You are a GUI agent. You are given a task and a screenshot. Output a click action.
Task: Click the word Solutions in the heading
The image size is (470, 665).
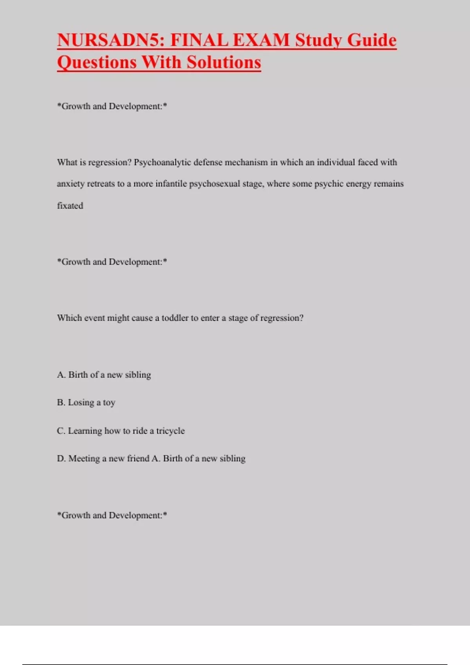224,63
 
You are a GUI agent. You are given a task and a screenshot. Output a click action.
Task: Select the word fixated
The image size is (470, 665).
70,206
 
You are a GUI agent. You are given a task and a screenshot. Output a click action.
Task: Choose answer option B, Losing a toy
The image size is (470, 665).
86,403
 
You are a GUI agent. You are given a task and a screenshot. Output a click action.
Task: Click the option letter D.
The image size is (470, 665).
61,458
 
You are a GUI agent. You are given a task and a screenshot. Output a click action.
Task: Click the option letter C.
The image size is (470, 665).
61,431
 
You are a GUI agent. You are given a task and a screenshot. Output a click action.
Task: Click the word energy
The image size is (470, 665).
357,184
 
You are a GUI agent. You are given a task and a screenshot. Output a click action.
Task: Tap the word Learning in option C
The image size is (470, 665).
85,431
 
